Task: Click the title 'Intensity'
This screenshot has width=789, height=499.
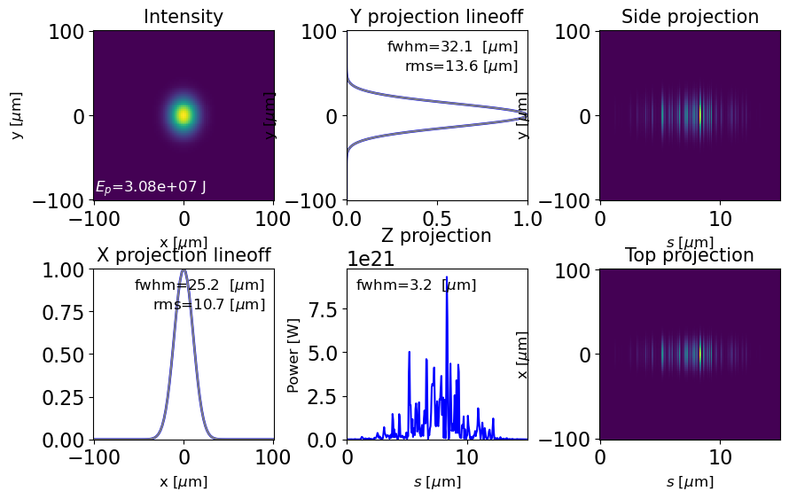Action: (x=184, y=17)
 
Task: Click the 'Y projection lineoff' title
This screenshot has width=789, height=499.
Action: (x=436, y=17)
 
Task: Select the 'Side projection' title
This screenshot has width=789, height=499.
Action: (x=690, y=17)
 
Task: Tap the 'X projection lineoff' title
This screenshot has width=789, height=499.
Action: (x=184, y=255)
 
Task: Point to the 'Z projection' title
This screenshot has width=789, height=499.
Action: (x=436, y=236)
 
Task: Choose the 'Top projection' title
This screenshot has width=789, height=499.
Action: (x=690, y=255)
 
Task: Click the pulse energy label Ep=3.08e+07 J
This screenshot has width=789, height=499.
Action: (x=151, y=187)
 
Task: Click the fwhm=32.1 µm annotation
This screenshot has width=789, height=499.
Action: (x=452, y=47)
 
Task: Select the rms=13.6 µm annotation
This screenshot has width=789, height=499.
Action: (x=461, y=66)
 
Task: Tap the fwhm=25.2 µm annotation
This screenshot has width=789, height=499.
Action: (x=199, y=285)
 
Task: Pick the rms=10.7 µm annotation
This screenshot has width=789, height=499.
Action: (x=209, y=305)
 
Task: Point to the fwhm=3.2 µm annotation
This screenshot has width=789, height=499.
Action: (x=416, y=285)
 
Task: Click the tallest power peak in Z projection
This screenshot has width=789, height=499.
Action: (x=447, y=277)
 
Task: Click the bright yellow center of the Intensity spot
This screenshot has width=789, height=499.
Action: (x=184, y=114)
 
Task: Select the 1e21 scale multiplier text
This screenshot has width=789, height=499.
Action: (x=371, y=259)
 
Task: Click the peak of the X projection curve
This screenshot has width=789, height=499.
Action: (x=184, y=270)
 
